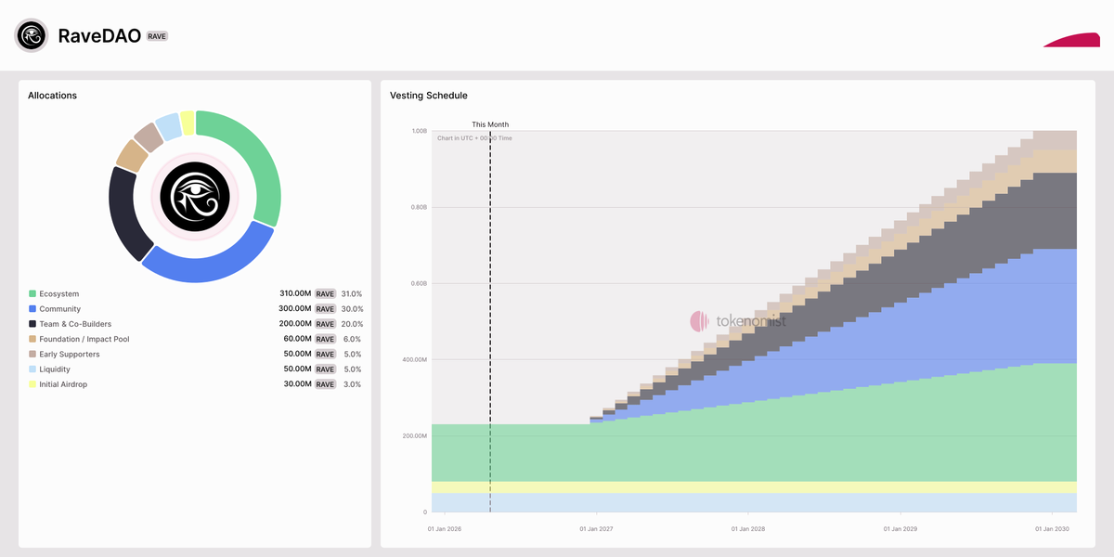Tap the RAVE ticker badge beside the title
coord(157,36)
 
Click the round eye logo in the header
coord(31,35)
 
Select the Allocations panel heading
coord(52,96)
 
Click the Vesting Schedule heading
coord(429,96)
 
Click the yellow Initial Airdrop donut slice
coord(188,123)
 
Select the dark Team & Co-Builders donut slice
coord(127,214)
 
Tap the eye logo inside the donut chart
coord(194,196)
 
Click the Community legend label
coord(59,309)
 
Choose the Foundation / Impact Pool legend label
coord(84,339)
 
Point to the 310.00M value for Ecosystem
coord(296,294)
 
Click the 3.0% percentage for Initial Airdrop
coord(352,384)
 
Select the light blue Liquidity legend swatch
coord(32,369)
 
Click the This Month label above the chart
coord(490,124)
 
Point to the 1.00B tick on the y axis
coord(419,131)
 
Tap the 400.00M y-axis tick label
coord(414,359)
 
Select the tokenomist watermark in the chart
coord(738,321)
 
